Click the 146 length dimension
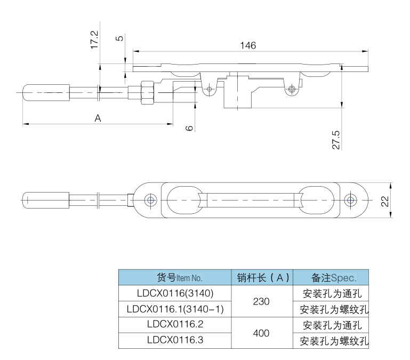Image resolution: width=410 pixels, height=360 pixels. pos(248,45)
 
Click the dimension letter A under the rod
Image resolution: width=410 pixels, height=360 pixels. pos(98,118)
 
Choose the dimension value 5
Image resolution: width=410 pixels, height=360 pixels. pos(119,38)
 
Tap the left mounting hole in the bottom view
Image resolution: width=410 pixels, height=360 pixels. pos(151,200)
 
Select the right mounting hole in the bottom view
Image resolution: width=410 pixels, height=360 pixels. pos(350,200)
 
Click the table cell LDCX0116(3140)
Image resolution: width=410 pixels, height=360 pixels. pos(174,293)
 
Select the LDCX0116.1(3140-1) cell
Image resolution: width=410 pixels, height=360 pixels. pos(174,309)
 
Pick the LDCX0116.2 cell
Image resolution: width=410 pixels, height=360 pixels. pos(174,324)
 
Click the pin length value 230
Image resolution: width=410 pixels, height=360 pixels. pos(261,301)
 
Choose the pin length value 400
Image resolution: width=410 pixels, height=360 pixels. pos(261,332)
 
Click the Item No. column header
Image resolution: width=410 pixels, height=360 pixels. pos(174,277)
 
